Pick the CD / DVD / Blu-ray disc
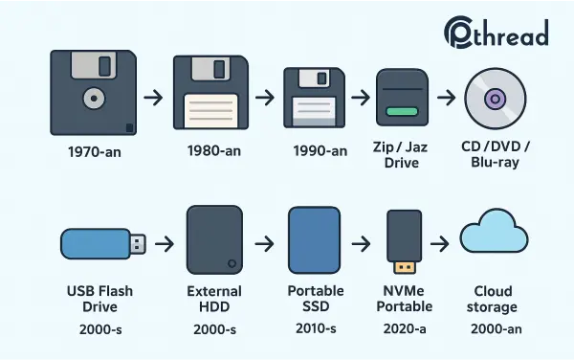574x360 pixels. click(x=496, y=99)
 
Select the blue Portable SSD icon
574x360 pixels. click(x=315, y=240)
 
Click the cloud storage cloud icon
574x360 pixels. click(x=493, y=239)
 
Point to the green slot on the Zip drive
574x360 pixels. click(x=401, y=113)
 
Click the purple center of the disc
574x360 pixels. click(x=496, y=99)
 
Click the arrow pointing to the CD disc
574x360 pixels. click(x=446, y=98)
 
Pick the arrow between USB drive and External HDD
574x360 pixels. click(x=165, y=244)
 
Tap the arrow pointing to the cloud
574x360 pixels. click(x=439, y=243)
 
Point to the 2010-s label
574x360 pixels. click(x=315, y=327)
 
